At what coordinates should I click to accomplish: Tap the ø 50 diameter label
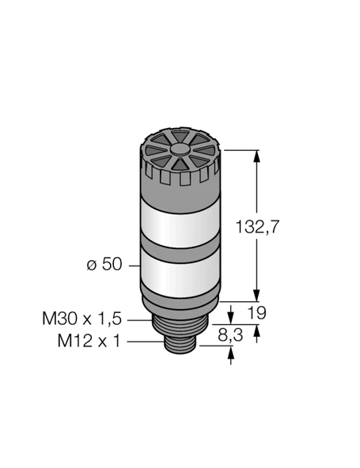pyautogui.click(x=103, y=265)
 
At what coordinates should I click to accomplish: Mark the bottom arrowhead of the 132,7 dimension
pyautogui.click(x=256, y=291)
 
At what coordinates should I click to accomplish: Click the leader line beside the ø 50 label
pyautogui.click(x=133, y=265)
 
